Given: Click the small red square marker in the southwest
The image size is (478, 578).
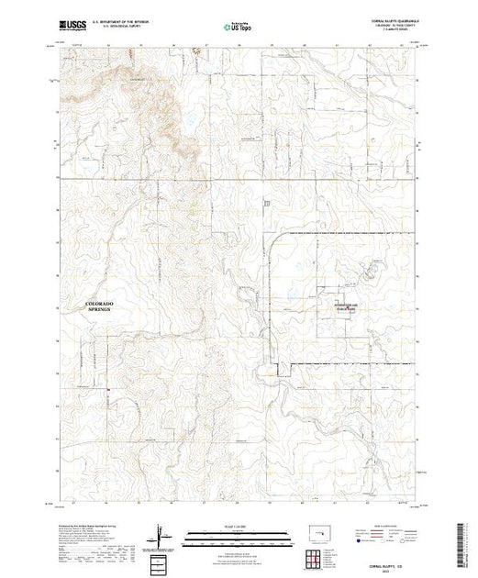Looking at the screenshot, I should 108,389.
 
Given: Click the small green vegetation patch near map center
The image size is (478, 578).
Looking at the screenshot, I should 194,209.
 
